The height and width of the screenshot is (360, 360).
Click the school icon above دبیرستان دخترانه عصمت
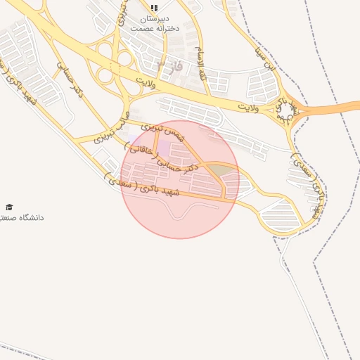pos(154,8)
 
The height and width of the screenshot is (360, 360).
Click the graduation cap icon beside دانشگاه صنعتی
pos(9,207)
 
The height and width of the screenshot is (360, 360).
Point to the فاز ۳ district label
pos(169,66)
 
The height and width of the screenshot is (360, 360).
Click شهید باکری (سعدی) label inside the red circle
pos(153,191)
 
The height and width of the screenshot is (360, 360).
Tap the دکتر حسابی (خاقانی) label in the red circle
pos(165,157)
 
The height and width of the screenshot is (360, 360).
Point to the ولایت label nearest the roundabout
pos(249,108)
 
